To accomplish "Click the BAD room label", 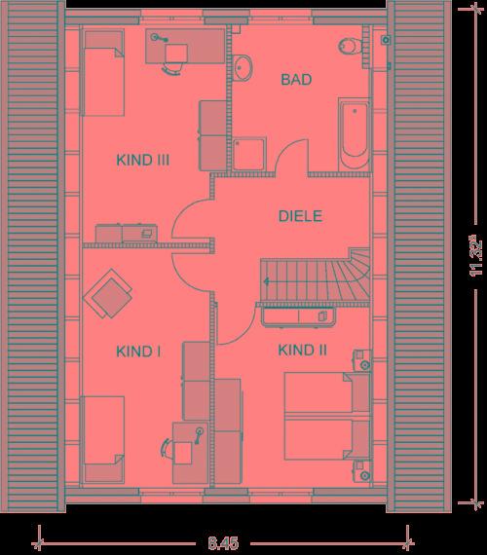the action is click(296, 79).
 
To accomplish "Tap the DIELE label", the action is click(300, 216).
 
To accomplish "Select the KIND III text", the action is click(143, 160).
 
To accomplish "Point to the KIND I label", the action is click(138, 351).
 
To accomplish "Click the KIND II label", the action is click(303, 351).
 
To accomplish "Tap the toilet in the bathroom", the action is click(351, 46).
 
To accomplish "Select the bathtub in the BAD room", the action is click(355, 135).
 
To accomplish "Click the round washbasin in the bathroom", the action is click(243, 68).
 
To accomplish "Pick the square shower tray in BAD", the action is click(249, 154).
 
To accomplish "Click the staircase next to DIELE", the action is click(316, 277).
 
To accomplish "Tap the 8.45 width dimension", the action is click(223, 542).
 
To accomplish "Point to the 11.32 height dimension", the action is click(475, 255).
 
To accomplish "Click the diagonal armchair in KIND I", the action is click(108, 294).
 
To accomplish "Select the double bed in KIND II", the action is click(327, 416).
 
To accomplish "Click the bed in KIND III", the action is click(103, 73).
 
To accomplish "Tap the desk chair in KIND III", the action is click(173, 68).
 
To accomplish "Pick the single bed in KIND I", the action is click(103, 439).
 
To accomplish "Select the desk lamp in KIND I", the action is click(199, 434).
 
